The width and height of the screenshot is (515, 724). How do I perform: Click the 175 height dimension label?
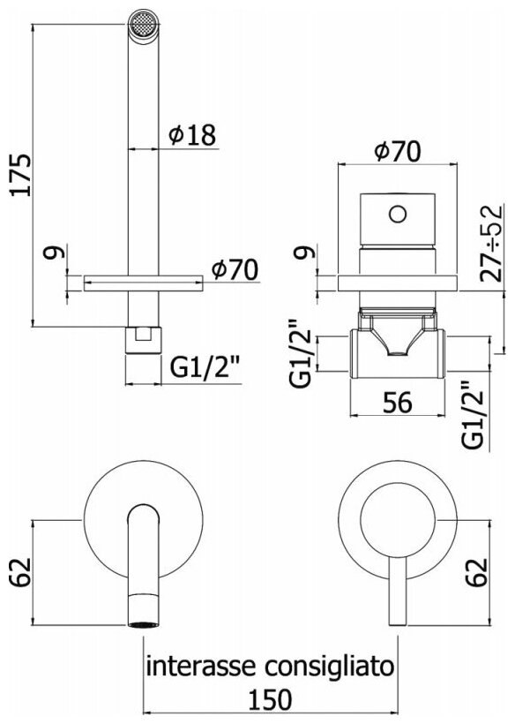[x=22, y=176]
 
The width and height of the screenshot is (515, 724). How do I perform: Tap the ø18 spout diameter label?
[x=191, y=134]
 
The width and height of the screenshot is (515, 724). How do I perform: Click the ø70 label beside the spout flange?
[x=235, y=269]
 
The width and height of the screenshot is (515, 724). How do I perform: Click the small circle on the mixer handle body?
[x=398, y=215]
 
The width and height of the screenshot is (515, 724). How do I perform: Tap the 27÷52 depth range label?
[x=490, y=244]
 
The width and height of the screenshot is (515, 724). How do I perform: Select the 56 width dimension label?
[x=398, y=402]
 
